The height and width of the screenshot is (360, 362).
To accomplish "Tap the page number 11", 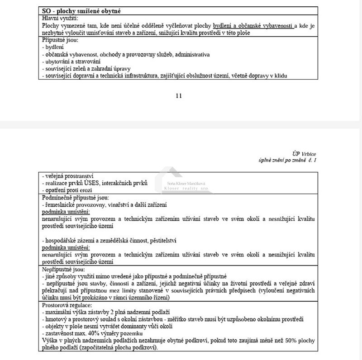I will click(178, 95).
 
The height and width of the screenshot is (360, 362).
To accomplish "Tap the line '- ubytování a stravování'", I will click(71, 61).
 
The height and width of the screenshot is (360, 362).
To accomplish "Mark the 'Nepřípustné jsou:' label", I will click(61, 269).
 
